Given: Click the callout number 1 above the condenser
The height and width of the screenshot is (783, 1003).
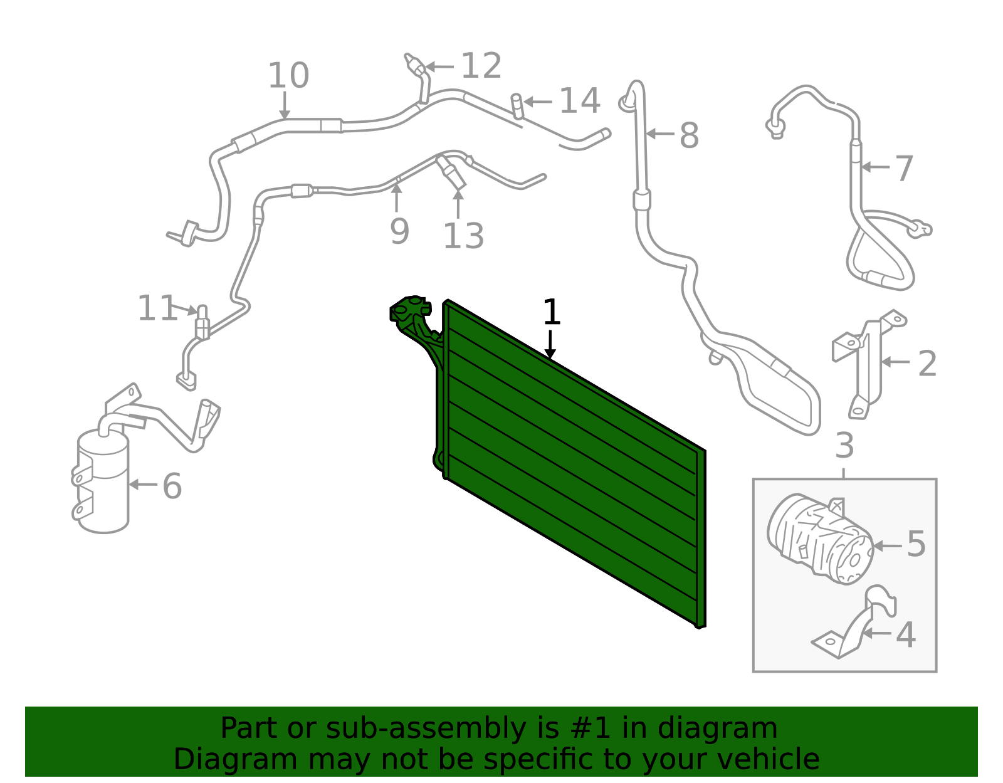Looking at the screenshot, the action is (x=552, y=312).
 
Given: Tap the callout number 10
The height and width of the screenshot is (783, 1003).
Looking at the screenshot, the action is (x=288, y=75).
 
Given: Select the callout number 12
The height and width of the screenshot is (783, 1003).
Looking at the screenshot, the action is (x=481, y=66).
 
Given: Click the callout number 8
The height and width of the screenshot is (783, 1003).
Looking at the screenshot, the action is (x=689, y=135).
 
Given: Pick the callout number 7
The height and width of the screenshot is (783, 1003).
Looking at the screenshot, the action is (x=904, y=168).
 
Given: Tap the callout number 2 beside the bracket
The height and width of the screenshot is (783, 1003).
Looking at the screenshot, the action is (x=927, y=364).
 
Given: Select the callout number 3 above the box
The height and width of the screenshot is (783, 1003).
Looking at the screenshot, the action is (x=844, y=445).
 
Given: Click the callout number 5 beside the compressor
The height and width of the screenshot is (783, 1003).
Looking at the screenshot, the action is (x=916, y=544).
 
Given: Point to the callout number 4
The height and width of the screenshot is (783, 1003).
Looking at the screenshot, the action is (x=906, y=635).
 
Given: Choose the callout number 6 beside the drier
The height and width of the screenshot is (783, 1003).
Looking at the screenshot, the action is (x=172, y=486).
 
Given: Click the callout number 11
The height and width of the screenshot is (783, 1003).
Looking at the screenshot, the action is (x=157, y=308).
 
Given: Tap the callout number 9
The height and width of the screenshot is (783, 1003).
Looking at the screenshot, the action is (x=400, y=231).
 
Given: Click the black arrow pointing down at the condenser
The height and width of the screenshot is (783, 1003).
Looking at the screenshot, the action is (x=550, y=344).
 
